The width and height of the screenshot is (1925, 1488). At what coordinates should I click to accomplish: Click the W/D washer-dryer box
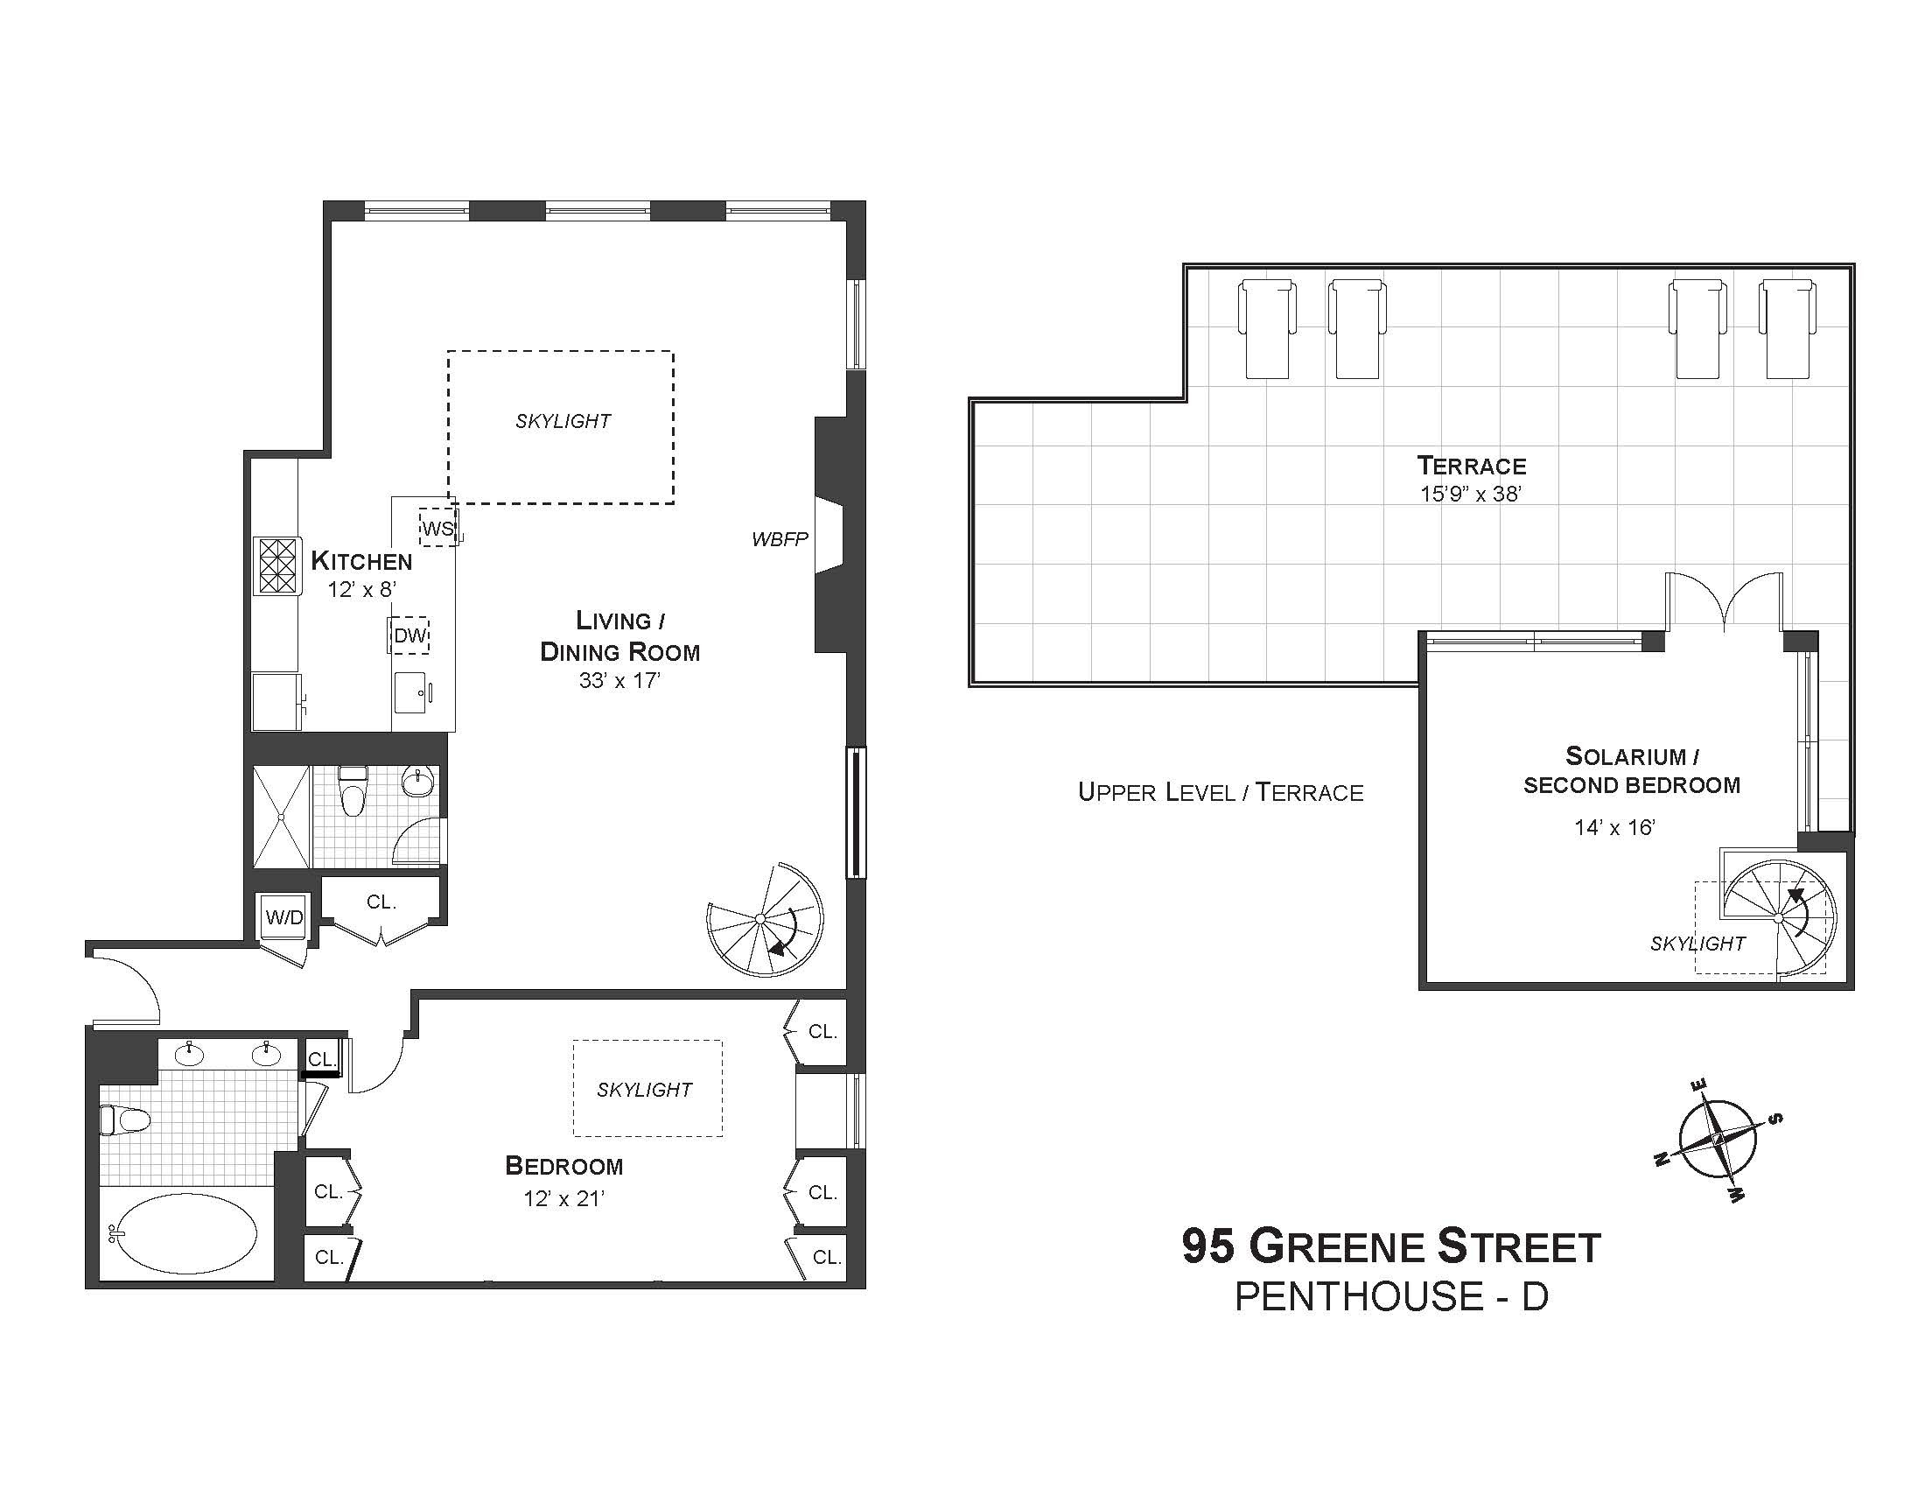tap(283, 916)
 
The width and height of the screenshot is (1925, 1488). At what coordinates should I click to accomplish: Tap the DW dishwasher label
tap(409, 635)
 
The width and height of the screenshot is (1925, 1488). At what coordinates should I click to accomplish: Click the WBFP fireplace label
tap(779, 539)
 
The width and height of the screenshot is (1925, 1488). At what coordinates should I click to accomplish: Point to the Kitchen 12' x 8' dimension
tap(361, 590)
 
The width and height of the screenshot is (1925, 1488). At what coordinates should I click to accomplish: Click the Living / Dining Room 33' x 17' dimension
tap(619, 679)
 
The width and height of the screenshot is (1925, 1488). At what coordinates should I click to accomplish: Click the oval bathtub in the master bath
tap(186, 1233)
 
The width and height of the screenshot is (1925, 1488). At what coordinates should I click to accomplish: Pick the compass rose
tap(1716, 1140)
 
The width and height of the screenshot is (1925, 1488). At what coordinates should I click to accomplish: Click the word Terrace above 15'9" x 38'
tap(1471, 466)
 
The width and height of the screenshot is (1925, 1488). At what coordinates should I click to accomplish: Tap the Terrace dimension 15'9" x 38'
tap(1471, 494)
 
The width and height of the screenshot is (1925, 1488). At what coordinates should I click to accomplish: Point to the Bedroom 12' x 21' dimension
tap(564, 1198)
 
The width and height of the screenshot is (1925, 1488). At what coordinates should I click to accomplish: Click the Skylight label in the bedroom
tap(644, 1090)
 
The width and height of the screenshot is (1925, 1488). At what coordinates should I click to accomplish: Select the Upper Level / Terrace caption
tap(1221, 791)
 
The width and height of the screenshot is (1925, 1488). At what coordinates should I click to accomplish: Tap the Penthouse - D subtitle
tap(1392, 1296)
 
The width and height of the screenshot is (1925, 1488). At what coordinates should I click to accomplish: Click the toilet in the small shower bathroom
tap(353, 790)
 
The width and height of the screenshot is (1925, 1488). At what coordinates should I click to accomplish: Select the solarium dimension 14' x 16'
tap(1614, 827)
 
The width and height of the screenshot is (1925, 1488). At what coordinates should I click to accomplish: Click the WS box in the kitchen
tap(438, 528)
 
